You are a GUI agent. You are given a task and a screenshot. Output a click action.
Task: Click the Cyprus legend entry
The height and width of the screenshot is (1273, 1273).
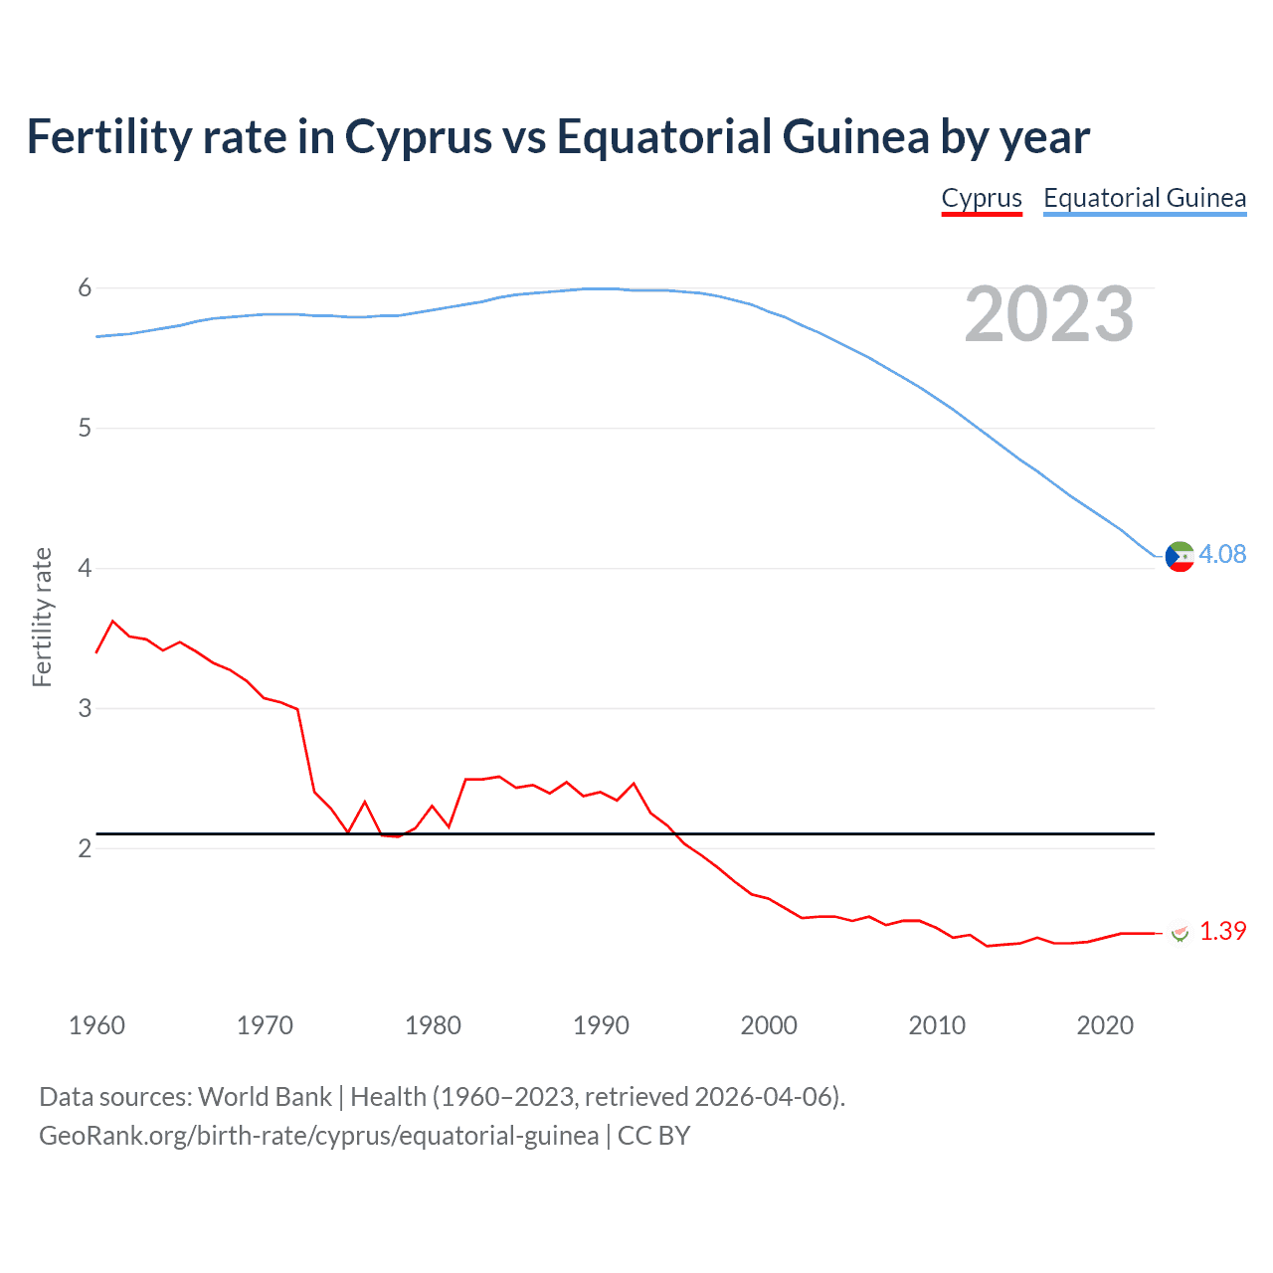point(982,198)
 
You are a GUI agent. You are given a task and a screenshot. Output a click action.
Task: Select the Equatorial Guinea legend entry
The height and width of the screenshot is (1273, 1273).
point(1144,198)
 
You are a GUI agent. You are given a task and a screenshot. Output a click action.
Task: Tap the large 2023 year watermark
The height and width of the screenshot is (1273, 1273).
point(1049,314)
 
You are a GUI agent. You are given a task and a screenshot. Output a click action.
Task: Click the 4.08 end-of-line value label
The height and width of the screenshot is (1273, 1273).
point(1222,554)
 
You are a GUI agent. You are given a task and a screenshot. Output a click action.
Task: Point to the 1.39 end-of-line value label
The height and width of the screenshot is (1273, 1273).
point(1222,931)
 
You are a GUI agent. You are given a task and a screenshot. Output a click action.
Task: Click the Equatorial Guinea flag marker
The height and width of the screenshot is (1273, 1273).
point(1180,557)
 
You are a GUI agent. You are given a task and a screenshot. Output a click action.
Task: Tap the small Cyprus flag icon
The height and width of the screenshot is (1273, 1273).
point(1180,932)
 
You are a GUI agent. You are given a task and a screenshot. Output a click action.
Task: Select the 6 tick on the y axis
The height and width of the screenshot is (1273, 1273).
point(85,288)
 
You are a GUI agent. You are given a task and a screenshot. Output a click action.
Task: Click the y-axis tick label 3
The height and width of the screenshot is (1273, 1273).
point(85,708)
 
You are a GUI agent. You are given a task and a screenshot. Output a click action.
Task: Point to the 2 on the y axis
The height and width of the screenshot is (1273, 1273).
point(85,848)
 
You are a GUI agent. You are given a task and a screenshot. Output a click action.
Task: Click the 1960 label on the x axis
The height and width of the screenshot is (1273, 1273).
point(96,1025)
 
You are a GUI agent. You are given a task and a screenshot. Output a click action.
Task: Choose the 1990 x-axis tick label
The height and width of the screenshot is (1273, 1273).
point(601,1025)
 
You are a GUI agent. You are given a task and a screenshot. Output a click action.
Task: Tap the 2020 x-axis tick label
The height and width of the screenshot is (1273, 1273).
point(1105,1025)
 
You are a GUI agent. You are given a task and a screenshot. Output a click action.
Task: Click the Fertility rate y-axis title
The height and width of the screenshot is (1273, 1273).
point(42,617)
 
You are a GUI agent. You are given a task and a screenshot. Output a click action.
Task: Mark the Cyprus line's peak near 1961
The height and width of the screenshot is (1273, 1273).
point(112,621)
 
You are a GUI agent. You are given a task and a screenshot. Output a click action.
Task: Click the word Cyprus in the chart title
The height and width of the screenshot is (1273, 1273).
point(418,137)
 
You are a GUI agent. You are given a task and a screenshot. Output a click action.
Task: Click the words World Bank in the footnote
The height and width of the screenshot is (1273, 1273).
point(265,1097)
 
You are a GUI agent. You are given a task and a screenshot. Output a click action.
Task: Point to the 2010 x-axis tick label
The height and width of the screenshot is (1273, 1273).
point(937,1025)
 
